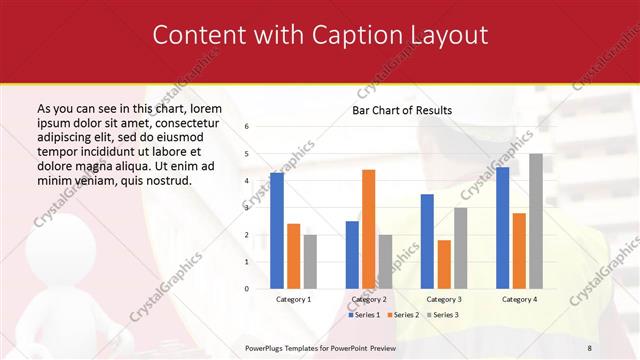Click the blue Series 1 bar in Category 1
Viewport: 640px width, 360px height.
click(x=277, y=231)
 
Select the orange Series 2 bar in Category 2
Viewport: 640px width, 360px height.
click(x=368, y=229)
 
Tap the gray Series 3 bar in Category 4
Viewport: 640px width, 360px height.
click(x=536, y=221)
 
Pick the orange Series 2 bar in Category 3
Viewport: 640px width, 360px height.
click(x=444, y=264)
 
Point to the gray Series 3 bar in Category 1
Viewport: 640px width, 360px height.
click(x=310, y=262)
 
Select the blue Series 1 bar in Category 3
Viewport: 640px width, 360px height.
click(x=427, y=241)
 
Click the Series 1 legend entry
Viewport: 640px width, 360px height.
click(x=363, y=315)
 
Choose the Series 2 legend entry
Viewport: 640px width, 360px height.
click(x=403, y=315)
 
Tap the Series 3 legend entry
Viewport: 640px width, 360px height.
click(x=443, y=315)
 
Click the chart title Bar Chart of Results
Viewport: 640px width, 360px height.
click(x=402, y=110)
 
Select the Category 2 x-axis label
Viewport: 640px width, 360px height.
click(x=369, y=299)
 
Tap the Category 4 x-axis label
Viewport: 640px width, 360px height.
click(x=518, y=299)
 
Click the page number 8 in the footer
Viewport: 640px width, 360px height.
click(x=589, y=347)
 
